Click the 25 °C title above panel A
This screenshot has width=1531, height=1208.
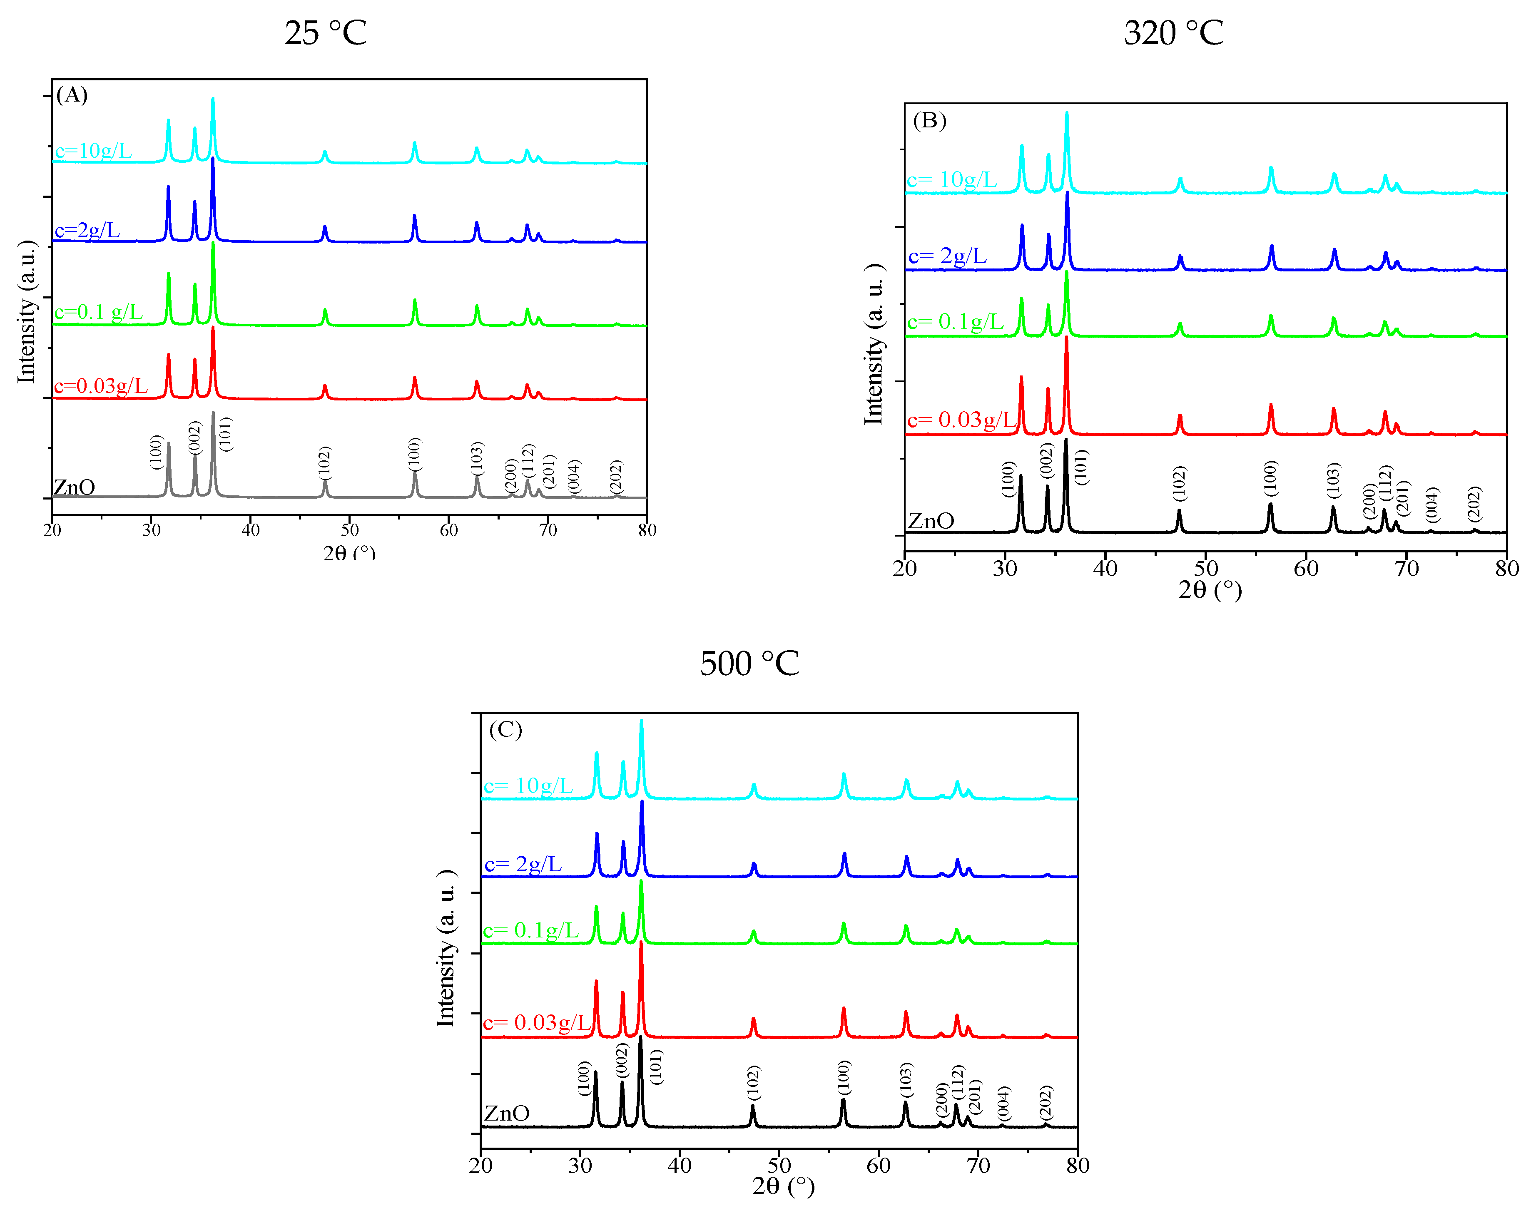coord(326,33)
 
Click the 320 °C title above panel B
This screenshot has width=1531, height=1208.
coord(1173,33)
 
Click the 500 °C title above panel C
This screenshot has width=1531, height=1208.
coord(749,664)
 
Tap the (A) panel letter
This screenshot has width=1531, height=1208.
coord(72,95)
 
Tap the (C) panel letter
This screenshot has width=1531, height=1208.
coord(505,729)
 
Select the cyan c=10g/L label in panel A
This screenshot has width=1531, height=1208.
coord(93,151)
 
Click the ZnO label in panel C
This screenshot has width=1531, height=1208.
coord(507,1114)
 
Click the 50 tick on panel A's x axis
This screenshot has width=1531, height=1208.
coord(349,530)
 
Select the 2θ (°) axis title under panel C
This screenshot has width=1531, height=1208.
coord(783,1186)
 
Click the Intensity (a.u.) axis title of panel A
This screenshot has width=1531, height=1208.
coord(27,311)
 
